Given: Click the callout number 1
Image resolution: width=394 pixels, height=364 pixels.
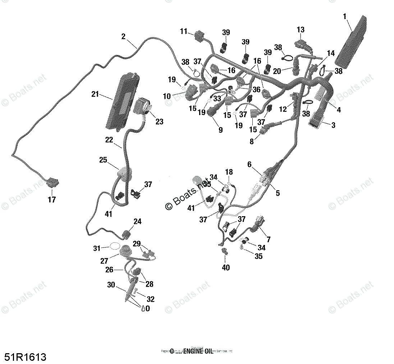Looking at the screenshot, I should (x=345, y=16).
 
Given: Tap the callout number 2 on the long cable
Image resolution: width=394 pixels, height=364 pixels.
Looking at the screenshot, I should (x=123, y=36).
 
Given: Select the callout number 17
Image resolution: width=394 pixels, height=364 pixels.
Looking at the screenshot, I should (x=52, y=200).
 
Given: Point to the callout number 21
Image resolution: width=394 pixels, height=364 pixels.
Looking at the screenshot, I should (x=95, y=94).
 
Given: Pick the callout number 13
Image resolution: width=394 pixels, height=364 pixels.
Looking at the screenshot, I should (x=301, y=29).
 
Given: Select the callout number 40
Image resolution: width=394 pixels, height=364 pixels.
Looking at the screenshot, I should (x=226, y=268).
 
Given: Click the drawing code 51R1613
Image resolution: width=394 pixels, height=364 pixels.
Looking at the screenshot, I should (x=26, y=357).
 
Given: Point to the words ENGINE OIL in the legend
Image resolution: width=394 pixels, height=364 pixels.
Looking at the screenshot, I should (x=198, y=351).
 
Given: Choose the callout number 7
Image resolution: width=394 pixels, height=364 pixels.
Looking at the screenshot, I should (x=268, y=239).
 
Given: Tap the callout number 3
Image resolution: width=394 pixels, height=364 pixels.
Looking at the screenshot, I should (x=333, y=125).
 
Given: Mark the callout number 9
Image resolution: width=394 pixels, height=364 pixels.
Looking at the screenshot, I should (x=220, y=130).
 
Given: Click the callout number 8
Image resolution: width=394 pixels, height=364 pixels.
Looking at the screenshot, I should (x=252, y=142).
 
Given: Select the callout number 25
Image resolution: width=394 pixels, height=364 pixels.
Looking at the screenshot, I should (x=103, y=160).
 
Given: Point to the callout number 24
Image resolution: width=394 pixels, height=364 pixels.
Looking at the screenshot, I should (x=137, y=222).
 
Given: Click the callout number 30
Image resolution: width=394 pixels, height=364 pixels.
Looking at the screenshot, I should (x=111, y=285).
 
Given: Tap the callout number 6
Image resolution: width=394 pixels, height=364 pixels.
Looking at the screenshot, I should (x=249, y=164).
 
